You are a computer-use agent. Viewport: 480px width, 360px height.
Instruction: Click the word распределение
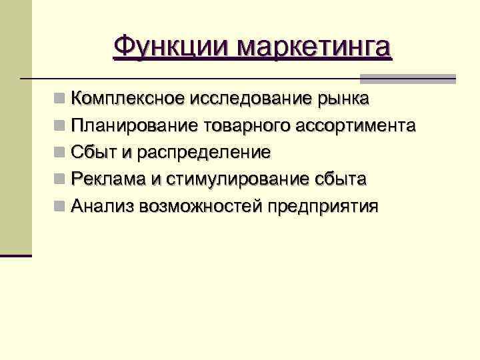(x=205, y=153)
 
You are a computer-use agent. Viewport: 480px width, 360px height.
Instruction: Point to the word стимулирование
(x=237, y=179)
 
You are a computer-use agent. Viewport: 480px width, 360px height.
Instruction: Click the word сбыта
(x=340, y=179)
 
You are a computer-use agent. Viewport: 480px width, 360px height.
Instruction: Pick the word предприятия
(x=323, y=206)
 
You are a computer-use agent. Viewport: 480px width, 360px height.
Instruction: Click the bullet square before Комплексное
(x=60, y=100)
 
